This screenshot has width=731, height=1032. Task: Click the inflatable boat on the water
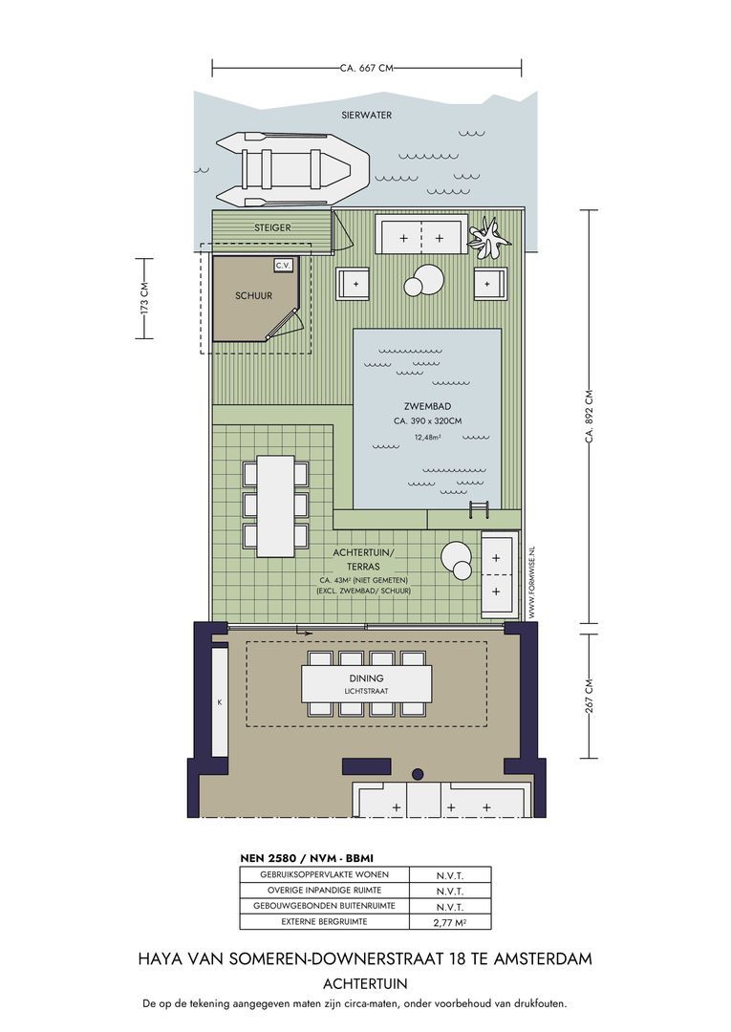(292, 169)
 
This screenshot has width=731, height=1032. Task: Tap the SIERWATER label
(367, 116)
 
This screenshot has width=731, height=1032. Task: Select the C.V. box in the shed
(284, 266)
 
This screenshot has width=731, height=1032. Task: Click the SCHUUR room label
(254, 296)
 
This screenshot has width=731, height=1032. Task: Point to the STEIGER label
(272, 227)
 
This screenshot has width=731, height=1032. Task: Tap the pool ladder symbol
(479, 508)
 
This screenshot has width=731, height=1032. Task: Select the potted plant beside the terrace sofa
(489, 239)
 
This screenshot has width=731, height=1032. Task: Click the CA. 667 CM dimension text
(367, 68)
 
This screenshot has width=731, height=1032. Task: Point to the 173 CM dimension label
(144, 298)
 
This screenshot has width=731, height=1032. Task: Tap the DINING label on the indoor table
(367, 677)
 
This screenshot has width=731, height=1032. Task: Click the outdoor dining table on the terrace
(276, 505)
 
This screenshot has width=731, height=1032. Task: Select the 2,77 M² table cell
(450, 923)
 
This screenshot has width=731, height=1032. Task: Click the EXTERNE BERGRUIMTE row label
(324, 921)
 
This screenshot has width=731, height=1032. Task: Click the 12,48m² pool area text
(428, 437)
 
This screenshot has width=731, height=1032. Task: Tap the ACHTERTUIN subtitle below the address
(365, 984)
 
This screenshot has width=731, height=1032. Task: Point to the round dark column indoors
(418, 774)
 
